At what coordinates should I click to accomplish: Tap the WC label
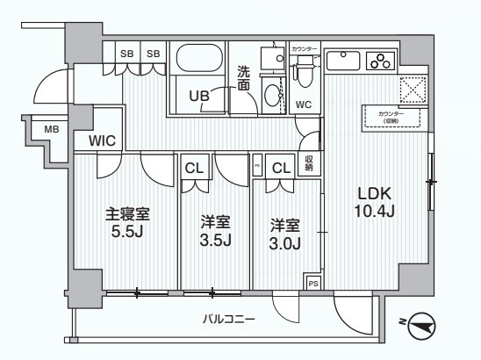click(304, 104)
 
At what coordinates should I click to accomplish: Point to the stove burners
click(383, 61)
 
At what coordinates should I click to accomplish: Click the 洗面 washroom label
click(244, 78)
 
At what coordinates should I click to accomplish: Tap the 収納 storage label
click(310, 162)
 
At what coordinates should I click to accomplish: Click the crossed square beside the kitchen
click(411, 89)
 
